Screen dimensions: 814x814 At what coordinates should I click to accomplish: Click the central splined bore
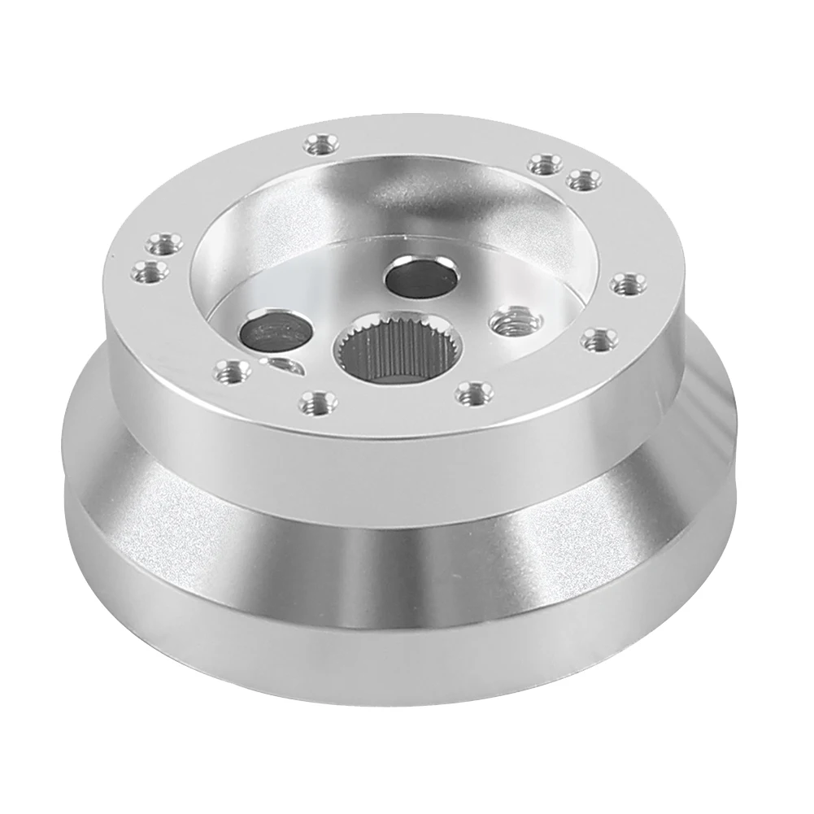coord(376,351)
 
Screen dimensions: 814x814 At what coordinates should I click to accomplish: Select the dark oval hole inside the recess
coord(276,333)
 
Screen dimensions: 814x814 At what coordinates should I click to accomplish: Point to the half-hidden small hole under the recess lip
coord(283,363)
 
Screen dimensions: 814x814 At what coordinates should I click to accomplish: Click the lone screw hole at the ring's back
coord(320,146)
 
